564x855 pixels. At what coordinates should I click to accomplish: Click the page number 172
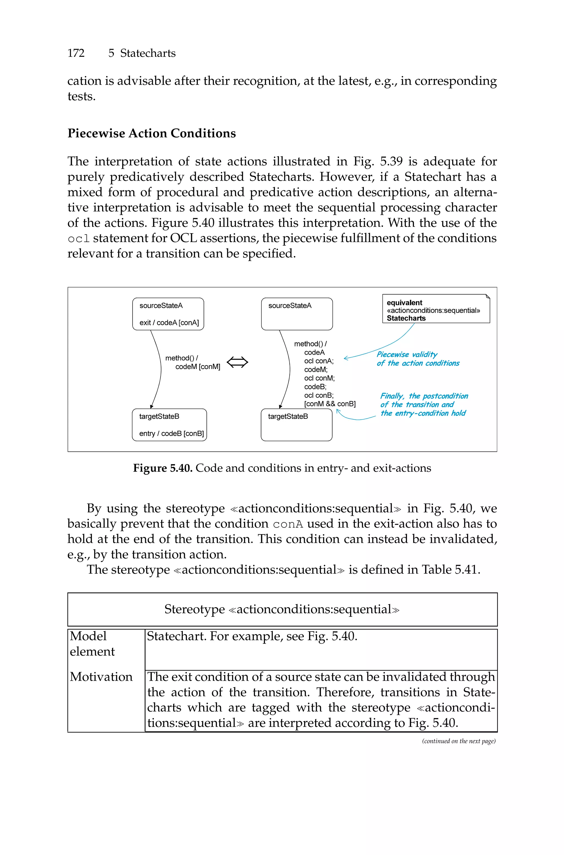pyautogui.click(x=76, y=53)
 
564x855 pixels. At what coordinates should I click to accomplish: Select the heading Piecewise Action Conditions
pyautogui.click(x=151, y=133)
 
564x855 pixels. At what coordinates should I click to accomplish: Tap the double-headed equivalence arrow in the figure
pyautogui.click(x=237, y=362)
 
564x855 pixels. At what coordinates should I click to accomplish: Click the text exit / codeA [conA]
pyautogui.click(x=169, y=322)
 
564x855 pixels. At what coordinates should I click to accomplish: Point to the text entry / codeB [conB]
pyautogui.click(x=171, y=433)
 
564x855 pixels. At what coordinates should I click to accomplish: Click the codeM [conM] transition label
pyautogui.click(x=197, y=367)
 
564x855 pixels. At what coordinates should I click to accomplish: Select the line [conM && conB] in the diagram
pyautogui.click(x=329, y=404)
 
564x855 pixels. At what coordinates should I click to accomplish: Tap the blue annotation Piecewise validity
pyautogui.click(x=407, y=354)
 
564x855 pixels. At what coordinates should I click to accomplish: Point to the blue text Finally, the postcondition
pyautogui.click(x=424, y=396)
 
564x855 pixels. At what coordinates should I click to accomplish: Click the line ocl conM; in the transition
pyautogui.click(x=319, y=378)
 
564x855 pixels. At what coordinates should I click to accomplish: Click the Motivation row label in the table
pyautogui.click(x=101, y=677)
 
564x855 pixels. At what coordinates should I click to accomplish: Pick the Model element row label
pyautogui.click(x=92, y=644)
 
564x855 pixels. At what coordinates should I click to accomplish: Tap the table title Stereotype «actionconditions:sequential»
pyautogui.click(x=282, y=609)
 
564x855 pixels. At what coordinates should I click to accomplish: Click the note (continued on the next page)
pyautogui.click(x=459, y=741)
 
